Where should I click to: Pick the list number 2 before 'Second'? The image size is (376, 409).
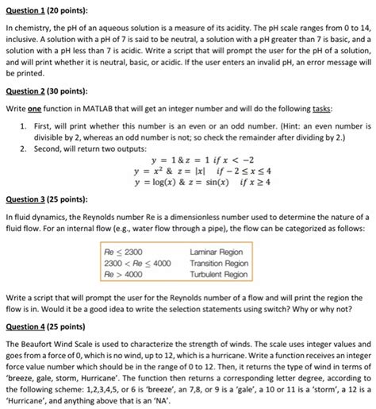(24, 148)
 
